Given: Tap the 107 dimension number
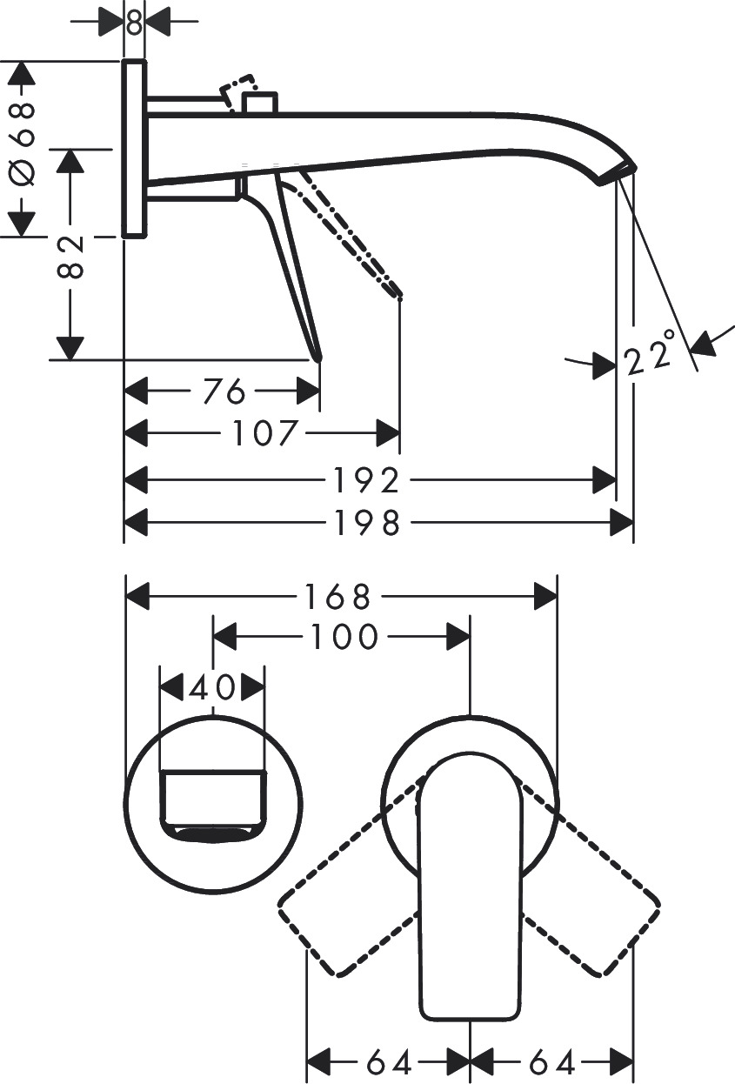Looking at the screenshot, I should click(x=266, y=432).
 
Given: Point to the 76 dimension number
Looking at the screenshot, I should click(x=224, y=391).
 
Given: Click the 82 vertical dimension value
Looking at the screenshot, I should click(x=71, y=256).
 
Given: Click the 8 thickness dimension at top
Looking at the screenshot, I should click(x=134, y=22).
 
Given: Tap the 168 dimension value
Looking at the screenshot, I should click(x=337, y=598).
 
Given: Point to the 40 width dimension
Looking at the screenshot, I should click(x=212, y=686).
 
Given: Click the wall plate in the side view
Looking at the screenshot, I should click(x=134, y=149).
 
